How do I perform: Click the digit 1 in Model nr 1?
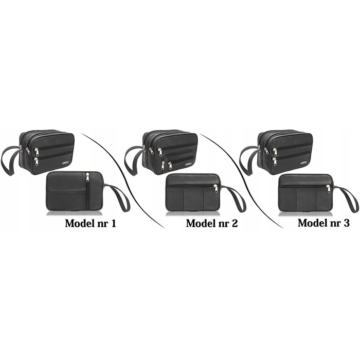113,223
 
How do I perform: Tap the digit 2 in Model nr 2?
235,223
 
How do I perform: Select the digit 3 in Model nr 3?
346,223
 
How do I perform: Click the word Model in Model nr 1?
78,223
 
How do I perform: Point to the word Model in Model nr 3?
311,223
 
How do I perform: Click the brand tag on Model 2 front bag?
189,164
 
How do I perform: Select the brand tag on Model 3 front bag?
304,163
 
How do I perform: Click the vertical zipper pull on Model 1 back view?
87,177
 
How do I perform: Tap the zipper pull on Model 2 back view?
215,188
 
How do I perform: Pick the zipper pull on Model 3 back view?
329,188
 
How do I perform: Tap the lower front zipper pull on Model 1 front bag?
37,161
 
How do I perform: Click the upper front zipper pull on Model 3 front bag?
275,152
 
